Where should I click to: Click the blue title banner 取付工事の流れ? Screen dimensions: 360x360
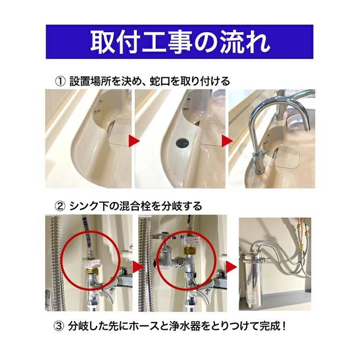click(x=180, y=42)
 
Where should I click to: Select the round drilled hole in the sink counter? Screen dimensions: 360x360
click(x=182, y=142)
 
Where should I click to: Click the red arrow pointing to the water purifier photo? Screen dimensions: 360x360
click(x=232, y=266)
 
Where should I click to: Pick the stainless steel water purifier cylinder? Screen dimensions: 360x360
click(x=254, y=274)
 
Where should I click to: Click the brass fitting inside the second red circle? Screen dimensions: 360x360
click(x=190, y=252)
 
